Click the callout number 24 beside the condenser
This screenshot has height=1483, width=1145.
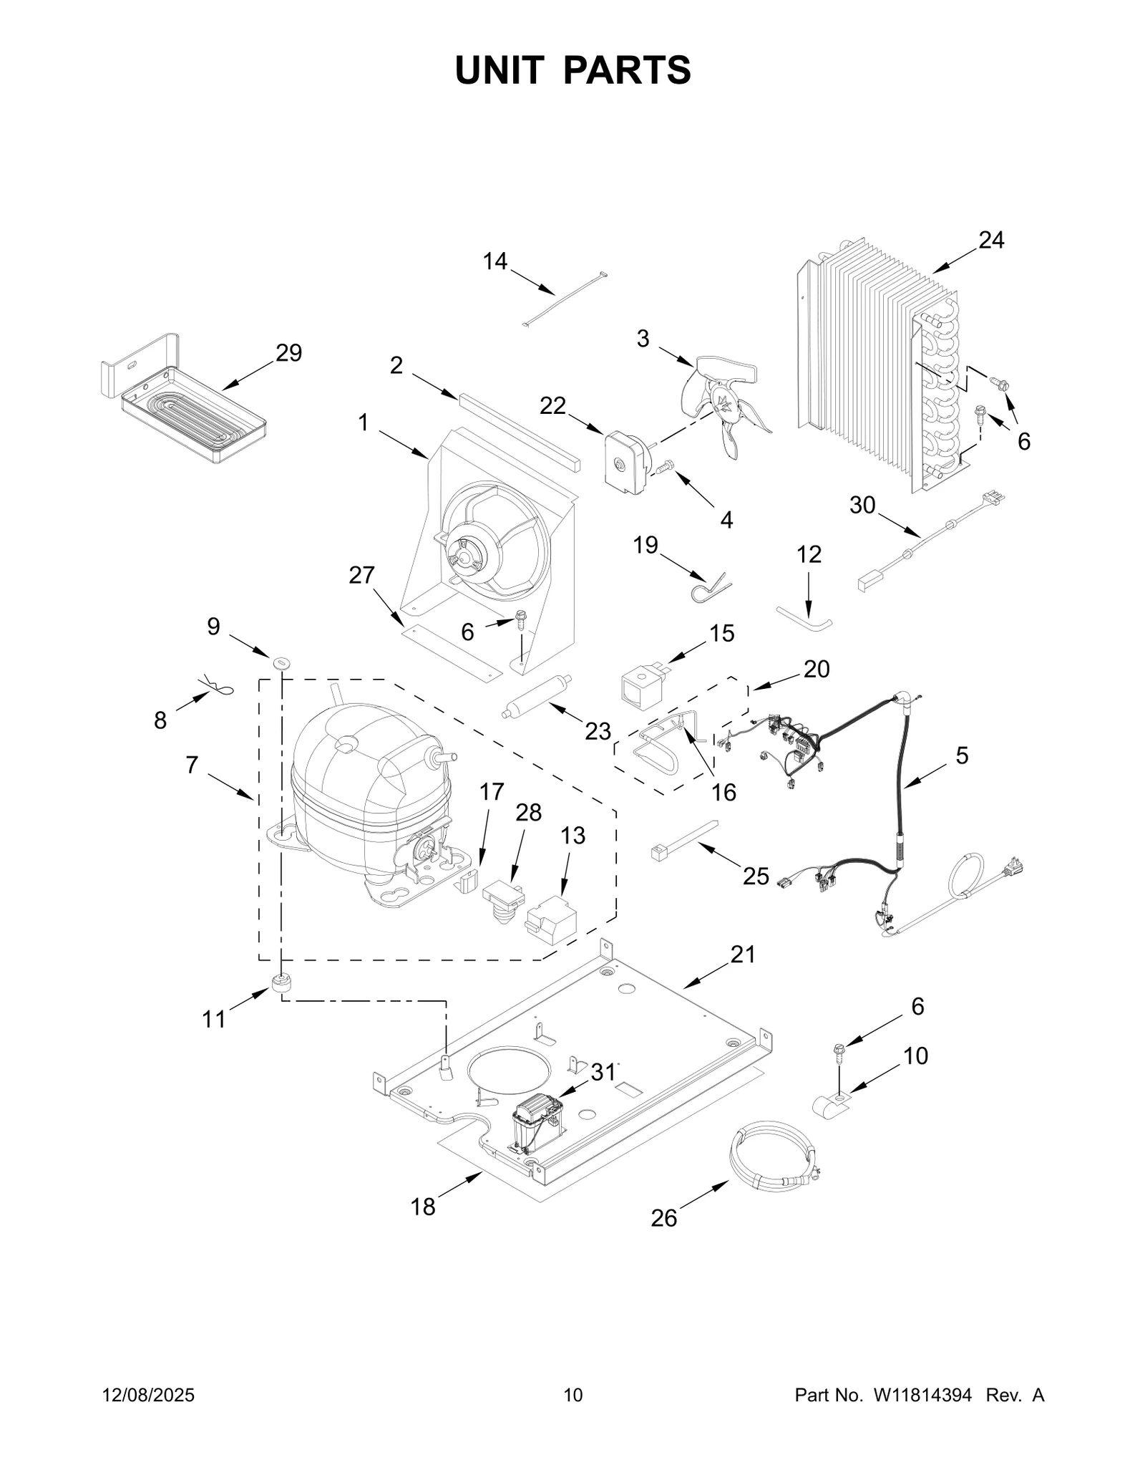coord(991,241)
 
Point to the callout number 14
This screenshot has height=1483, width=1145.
coord(494,261)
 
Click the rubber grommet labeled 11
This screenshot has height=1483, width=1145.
coord(281,983)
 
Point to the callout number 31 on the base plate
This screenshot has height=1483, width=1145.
coord(603,1072)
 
